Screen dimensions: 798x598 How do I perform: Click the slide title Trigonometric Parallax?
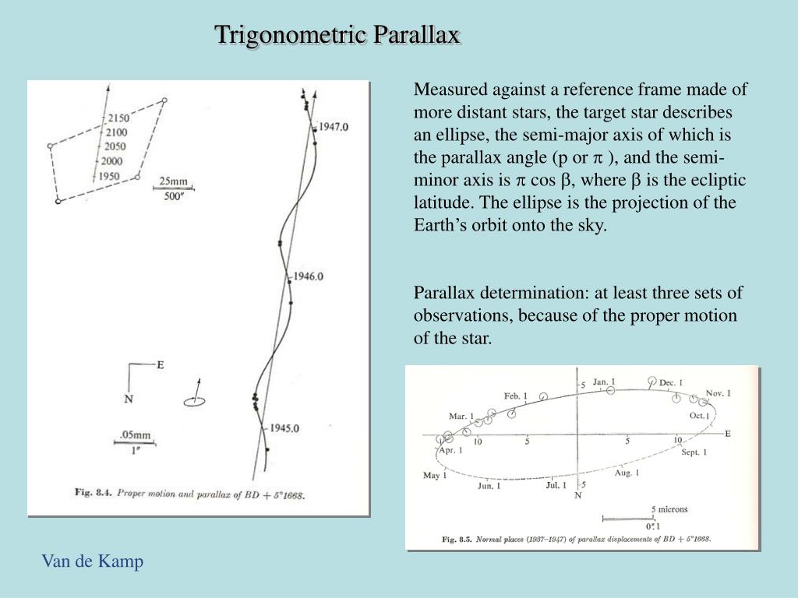coord(337,34)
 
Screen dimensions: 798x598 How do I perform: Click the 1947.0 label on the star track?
coord(332,126)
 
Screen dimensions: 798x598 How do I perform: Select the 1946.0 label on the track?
coord(307,276)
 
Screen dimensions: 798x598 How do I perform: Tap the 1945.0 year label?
coord(284,427)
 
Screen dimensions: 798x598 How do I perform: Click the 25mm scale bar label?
coord(174,181)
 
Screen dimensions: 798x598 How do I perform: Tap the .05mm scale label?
coord(134,435)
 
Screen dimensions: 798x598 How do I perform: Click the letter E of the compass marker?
coord(161,364)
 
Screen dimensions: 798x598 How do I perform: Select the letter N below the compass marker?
coord(129,399)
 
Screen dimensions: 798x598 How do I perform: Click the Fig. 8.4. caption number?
coord(94,492)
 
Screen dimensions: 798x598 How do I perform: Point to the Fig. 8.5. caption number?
coord(459,538)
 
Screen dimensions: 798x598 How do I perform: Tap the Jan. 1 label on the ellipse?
coord(604,382)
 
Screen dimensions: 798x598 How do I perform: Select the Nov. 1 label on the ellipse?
coord(718,393)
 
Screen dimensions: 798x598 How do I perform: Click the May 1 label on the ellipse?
coord(435,475)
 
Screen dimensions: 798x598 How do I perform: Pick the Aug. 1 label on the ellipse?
coord(627,473)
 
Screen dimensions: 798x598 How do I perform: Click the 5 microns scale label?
coord(669,509)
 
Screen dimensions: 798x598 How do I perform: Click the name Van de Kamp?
coord(93,561)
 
